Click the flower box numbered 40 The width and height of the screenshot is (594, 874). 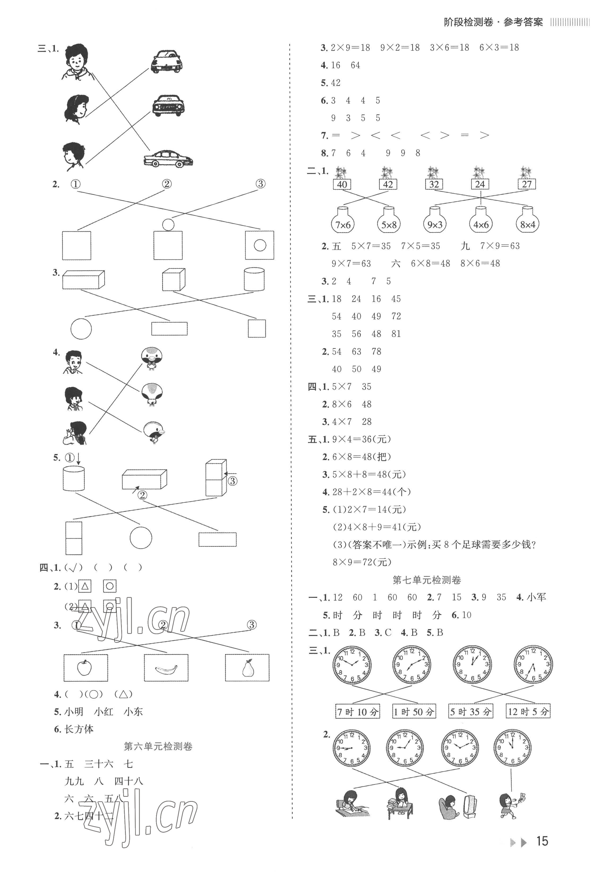click(342, 184)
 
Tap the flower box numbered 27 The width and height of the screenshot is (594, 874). click(526, 184)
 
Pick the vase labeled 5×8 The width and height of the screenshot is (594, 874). click(389, 224)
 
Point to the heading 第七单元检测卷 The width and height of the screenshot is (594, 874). click(427, 580)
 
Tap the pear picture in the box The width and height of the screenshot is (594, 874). click(247, 668)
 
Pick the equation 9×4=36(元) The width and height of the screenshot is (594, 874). click(361, 439)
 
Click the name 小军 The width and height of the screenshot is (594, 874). click(536, 597)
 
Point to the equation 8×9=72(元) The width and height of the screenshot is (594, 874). click(362, 562)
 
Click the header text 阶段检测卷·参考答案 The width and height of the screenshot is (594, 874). click(493, 22)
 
